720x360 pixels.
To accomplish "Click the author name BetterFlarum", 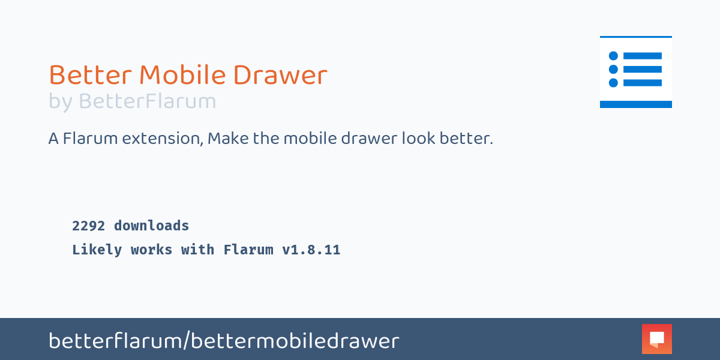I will [147, 101].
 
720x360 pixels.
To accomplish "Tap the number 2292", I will [88, 226].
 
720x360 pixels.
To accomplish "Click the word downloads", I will [151, 226].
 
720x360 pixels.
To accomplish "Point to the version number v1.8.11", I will [311, 250].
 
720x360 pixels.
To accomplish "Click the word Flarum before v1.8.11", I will [248, 250].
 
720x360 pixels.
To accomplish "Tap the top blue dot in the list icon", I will [613, 56].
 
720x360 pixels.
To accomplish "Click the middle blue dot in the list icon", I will [613, 69].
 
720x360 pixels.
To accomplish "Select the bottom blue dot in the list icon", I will [613, 83].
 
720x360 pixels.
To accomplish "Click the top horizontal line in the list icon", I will [643, 56].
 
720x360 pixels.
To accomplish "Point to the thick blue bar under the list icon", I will [636, 104].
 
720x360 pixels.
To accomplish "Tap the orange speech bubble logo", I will [656, 339].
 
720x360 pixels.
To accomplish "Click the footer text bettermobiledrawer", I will [295, 341].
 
